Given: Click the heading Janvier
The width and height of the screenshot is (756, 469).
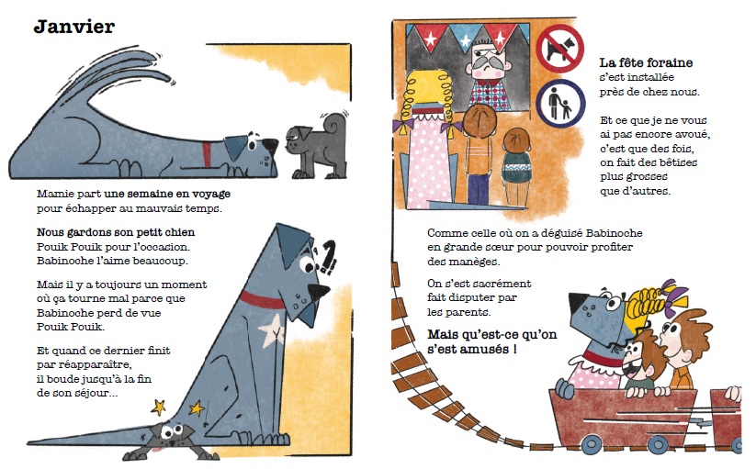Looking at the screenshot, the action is point(74,27).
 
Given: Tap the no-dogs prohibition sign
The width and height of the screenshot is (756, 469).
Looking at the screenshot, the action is point(559,49).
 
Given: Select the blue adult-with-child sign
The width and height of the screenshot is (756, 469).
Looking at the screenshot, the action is point(559,103).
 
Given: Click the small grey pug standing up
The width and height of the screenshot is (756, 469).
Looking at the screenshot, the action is point(317,145).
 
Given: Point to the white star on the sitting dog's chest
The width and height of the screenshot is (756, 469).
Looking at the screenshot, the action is point(271,330).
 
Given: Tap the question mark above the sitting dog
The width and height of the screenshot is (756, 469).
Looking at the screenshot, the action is point(328,257).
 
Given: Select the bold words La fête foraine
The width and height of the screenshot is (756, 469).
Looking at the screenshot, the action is point(646,62).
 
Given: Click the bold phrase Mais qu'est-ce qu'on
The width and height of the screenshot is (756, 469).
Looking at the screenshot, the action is point(491,334).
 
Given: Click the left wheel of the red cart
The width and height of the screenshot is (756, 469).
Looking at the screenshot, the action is point(592,445).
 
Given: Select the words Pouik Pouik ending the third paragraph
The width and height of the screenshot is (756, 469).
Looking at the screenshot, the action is point(71,327).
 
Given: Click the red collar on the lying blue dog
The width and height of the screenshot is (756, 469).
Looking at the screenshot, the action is point(207,154).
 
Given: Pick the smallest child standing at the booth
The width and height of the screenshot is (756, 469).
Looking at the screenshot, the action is point(516,166).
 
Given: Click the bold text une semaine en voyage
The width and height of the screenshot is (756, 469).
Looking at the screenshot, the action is point(167,194).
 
